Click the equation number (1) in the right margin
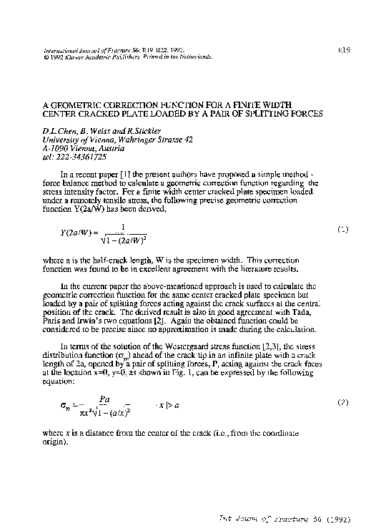(342, 230)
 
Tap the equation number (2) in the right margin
(342, 403)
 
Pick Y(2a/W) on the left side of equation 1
(71, 233)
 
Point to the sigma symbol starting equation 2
(63, 406)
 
